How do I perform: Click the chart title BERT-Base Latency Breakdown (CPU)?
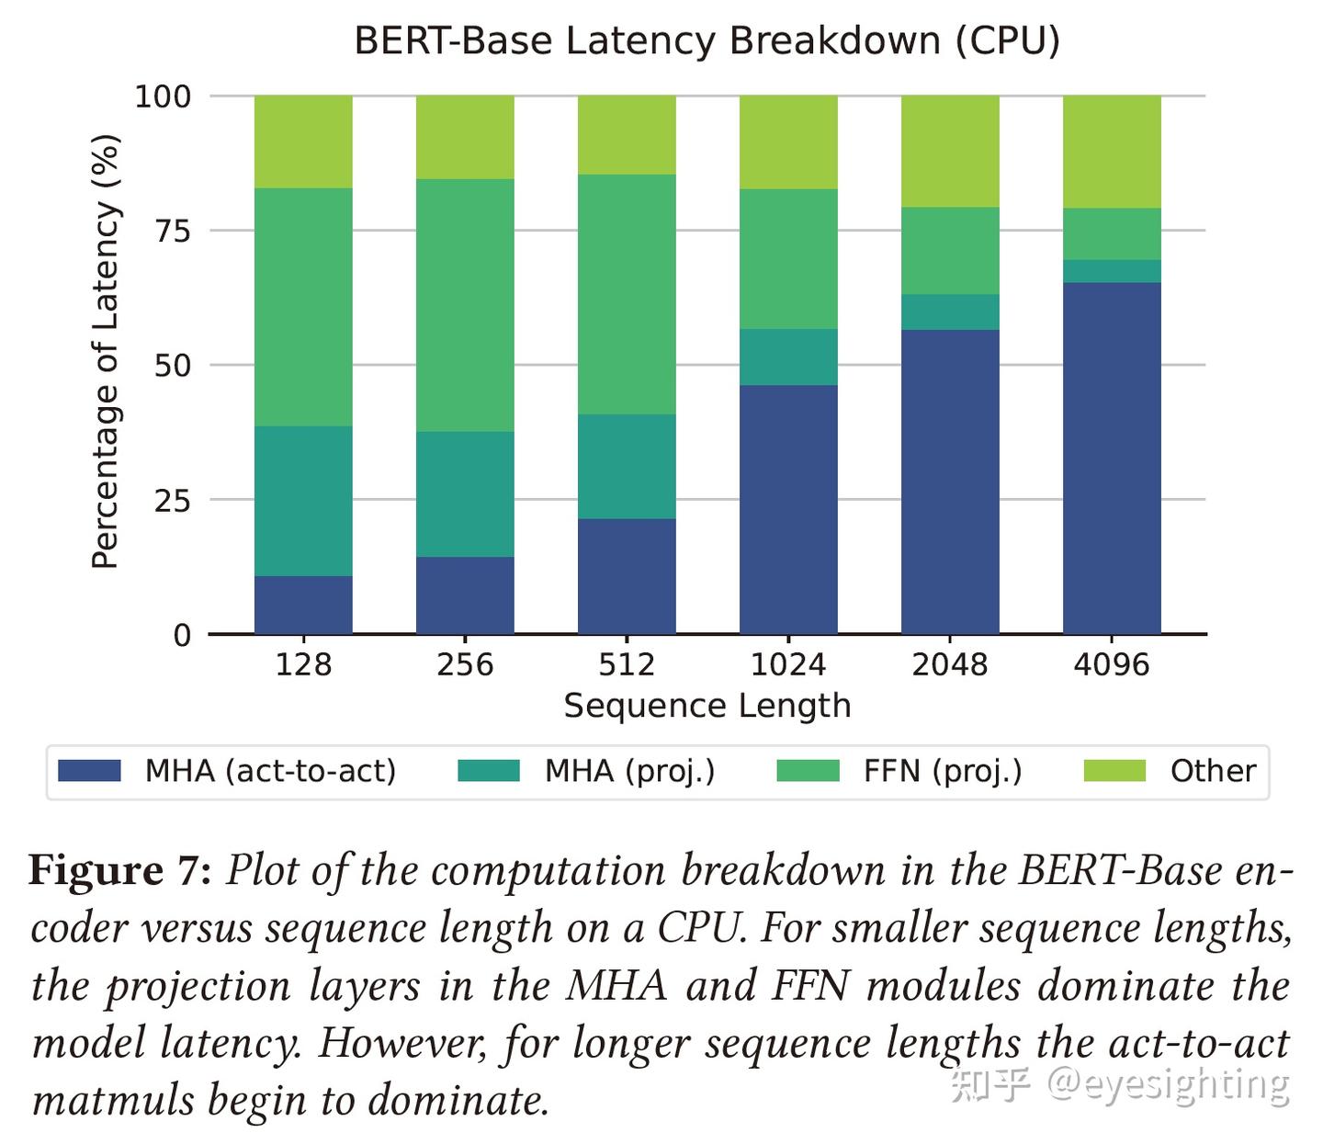[707, 41]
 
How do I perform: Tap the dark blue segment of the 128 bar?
[303, 605]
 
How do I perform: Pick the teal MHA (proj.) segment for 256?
[465, 493]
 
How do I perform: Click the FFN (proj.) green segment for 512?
[627, 294]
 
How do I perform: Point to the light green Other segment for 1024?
[788, 142]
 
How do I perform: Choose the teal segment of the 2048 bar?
[950, 311]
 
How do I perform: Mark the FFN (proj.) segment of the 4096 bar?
[1112, 233]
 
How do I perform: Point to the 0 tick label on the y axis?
[182, 635]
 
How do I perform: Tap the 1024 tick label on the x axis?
[788, 664]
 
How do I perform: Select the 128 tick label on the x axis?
[303, 664]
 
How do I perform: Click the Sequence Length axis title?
[707, 706]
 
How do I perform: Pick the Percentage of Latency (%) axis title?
[106, 352]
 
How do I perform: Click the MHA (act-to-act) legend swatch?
[89, 770]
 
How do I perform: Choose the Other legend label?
[1212, 770]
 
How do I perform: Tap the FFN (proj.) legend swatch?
[808, 770]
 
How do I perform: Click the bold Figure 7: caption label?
[120, 869]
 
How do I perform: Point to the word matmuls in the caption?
[113, 1100]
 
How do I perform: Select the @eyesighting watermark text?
[1168, 1084]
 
